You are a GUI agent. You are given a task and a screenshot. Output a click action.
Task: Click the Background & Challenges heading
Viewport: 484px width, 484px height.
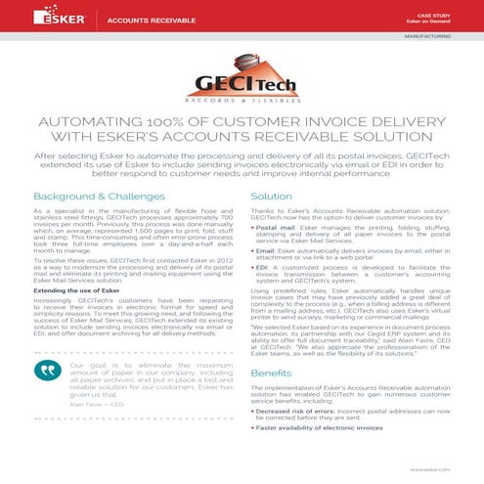[96, 196]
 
